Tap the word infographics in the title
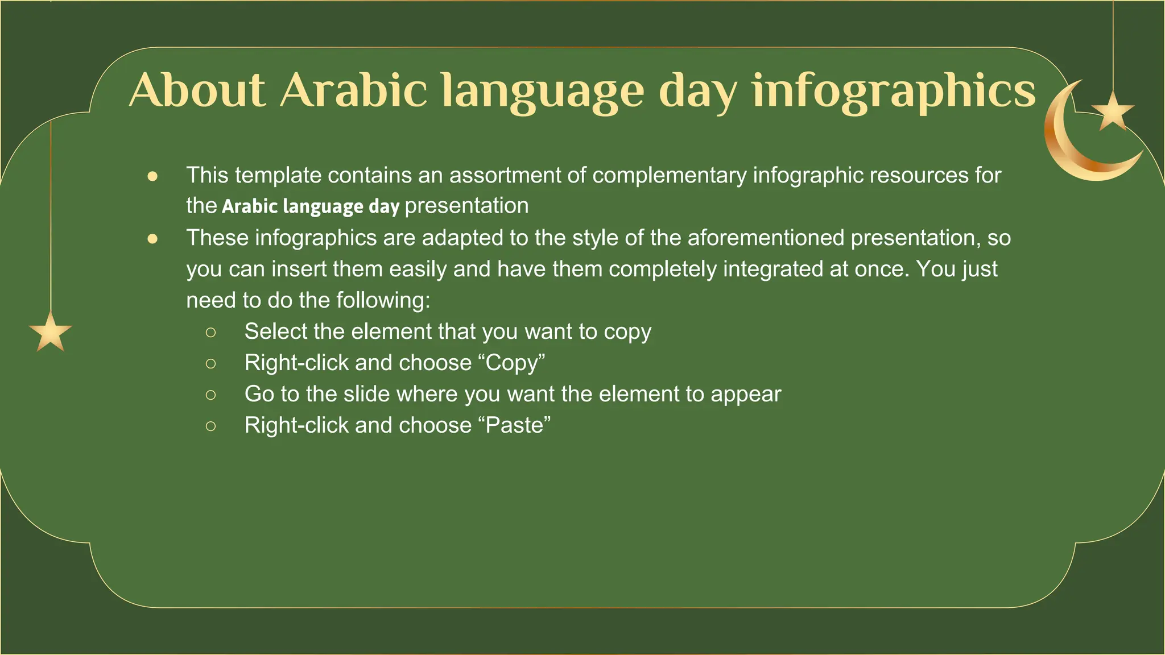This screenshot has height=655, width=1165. coord(894,91)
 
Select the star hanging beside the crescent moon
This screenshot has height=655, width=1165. coord(1113,111)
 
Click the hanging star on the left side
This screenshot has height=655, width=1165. coord(51,333)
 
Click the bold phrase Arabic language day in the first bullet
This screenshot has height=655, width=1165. coord(311,206)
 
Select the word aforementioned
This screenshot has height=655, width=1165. coord(766,238)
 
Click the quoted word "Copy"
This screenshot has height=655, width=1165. coord(515,363)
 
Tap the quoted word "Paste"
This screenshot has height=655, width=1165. coord(518,425)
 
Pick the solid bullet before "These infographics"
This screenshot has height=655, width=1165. coord(152,239)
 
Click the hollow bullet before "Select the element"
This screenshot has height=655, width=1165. coord(211,332)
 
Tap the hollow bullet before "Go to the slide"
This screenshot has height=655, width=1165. coord(211,395)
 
